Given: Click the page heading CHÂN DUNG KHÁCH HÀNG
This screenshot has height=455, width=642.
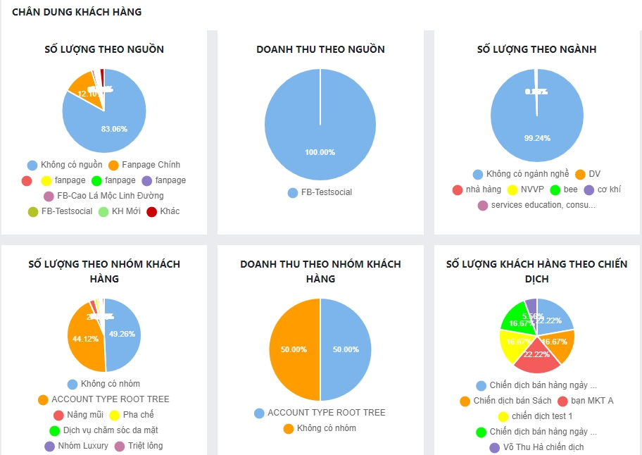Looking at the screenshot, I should pos(77,12).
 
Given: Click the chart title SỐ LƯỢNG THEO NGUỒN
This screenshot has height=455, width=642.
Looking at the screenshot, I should pos(104,49).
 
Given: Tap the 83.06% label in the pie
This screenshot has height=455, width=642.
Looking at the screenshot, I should pos(114,129).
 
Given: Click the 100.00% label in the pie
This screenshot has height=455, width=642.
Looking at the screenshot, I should pos(320,152).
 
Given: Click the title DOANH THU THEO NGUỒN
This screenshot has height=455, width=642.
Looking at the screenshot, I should pos(320,49).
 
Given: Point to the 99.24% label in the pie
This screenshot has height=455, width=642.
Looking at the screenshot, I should pos(537,138).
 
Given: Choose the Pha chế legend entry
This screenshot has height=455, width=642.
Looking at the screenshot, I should pos(138,415).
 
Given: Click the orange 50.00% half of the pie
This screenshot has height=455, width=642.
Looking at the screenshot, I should pos(294,349).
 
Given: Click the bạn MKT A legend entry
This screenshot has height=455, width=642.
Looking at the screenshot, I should pos(591,401).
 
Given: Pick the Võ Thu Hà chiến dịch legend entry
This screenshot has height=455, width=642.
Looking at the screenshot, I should pos(543,447).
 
